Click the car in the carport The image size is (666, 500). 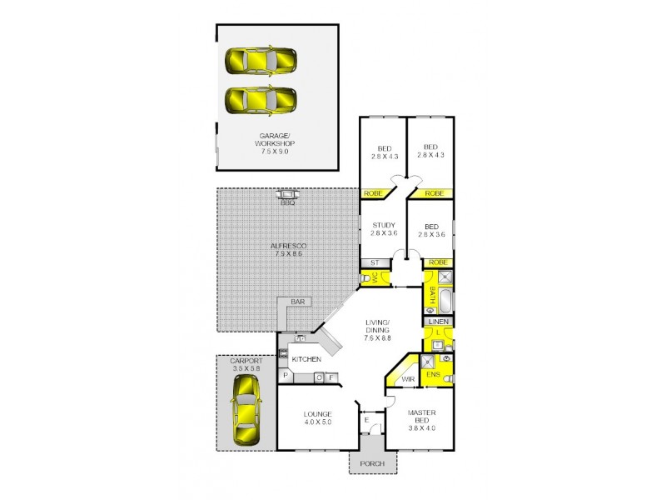click(x=246, y=411)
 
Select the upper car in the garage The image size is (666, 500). click(x=261, y=61)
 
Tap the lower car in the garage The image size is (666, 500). click(x=261, y=101)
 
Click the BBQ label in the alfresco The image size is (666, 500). click(x=288, y=202)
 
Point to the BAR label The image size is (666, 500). click(x=296, y=302)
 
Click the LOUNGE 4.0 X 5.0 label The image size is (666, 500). click(x=318, y=418)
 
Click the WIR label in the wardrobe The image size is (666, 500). click(x=408, y=379)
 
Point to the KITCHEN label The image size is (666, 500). click(x=306, y=359)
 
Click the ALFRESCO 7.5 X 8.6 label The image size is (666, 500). click(x=289, y=249)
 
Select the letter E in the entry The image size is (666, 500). click(x=366, y=420)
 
